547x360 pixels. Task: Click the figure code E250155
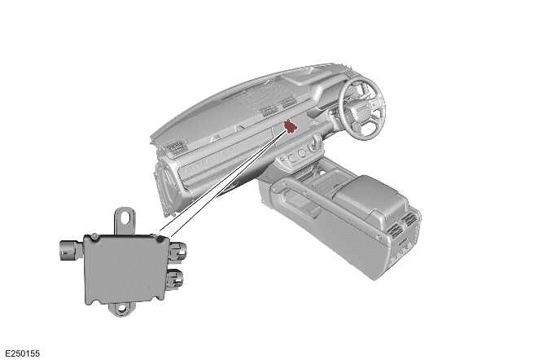click(22, 353)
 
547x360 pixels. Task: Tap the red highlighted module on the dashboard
click(290, 125)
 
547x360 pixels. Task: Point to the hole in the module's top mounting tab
click(125, 216)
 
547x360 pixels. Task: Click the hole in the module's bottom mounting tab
click(121, 309)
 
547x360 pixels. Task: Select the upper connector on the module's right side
click(177, 252)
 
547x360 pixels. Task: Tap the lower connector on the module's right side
click(176, 279)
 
